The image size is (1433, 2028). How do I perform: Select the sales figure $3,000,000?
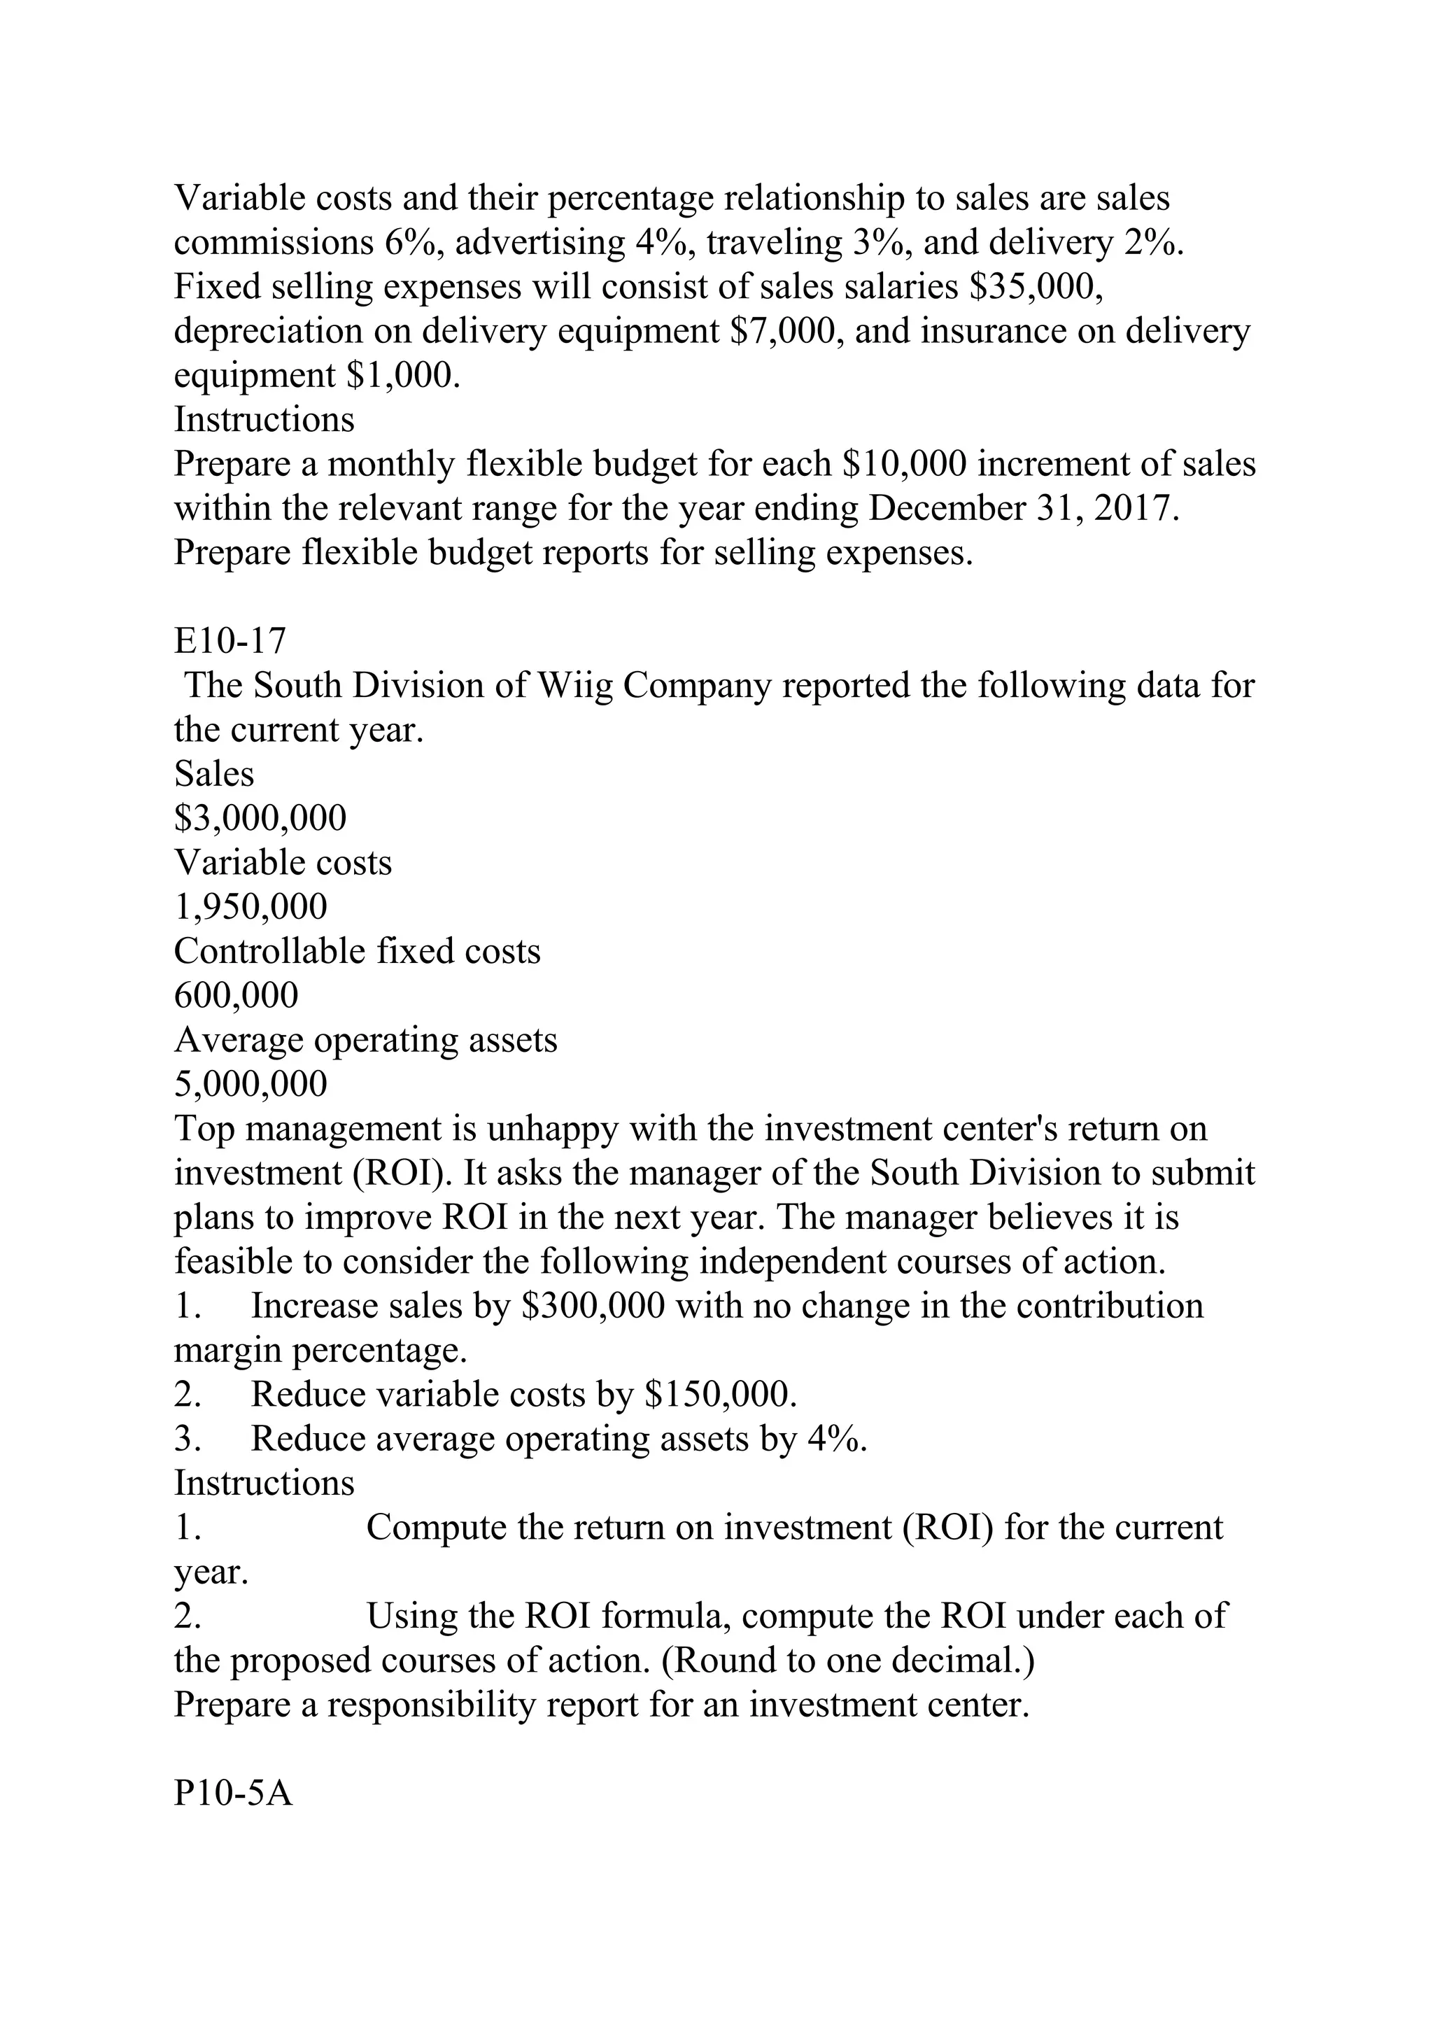point(260,819)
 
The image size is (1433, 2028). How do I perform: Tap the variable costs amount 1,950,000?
point(250,907)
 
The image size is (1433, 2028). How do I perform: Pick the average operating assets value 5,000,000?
point(250,1085)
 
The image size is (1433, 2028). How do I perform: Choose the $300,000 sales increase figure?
point(593,1307)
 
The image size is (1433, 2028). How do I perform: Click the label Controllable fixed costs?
point(358,951)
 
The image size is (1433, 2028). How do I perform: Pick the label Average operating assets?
point(365,1041)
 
